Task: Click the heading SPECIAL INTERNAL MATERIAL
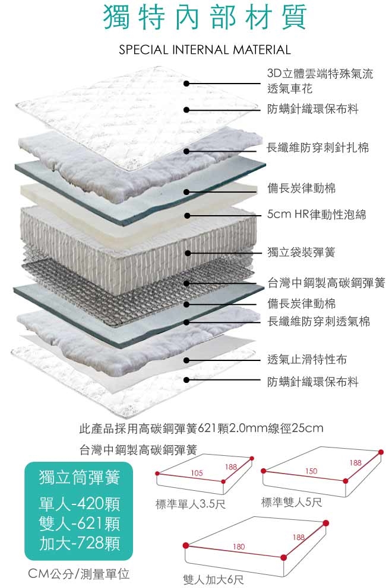click(x=205, y=50)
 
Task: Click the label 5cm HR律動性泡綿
click(x=317, y=215)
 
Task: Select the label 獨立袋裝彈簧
click(x=301, y=253)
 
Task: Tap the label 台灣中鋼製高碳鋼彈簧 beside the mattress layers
click(x=326, y=283)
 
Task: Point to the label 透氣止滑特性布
click(x=307, y=359)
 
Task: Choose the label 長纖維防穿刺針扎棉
click(x=318, y=148)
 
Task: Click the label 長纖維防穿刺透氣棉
click(x=318, y=321)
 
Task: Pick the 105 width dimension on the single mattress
click(x=197, y=473)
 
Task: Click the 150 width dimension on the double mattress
click(x=312, y=471)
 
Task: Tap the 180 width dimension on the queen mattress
click(x=239, y=545)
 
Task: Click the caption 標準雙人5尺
click(x=292, y=503)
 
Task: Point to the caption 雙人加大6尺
click(x=213, y=579)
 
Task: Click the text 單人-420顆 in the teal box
click(x=79, y=505)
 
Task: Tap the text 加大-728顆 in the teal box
click(x=79, y=542)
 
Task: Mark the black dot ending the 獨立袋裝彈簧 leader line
click(x=186, y=253)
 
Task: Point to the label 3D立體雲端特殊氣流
click(x=320, y=74)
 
